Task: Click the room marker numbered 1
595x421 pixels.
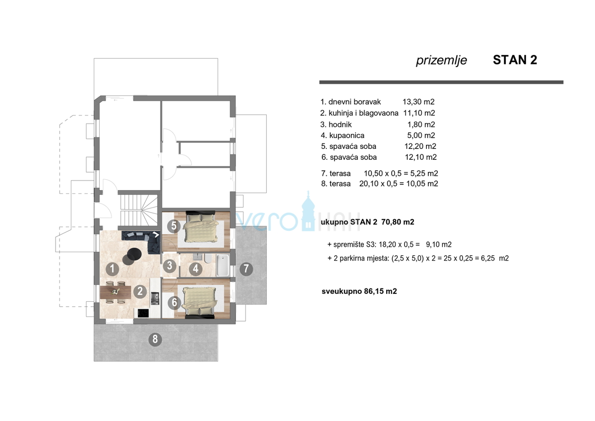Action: coord(113,269)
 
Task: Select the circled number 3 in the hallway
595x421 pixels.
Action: coord(170,266)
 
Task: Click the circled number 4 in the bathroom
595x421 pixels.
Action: coord(196,270)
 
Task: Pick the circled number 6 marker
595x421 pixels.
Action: coord(174,302)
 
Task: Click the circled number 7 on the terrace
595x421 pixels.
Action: coord(246,270)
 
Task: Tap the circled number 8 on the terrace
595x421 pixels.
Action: coord(155,340)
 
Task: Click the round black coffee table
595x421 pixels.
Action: coord(134,254)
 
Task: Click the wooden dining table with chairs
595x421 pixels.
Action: coord(115,292)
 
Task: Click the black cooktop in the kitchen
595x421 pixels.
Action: coord(143,313)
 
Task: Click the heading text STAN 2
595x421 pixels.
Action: coord(515,60)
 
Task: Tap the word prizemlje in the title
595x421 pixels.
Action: coord(441,61)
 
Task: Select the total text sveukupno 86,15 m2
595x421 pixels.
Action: coord(359,291)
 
